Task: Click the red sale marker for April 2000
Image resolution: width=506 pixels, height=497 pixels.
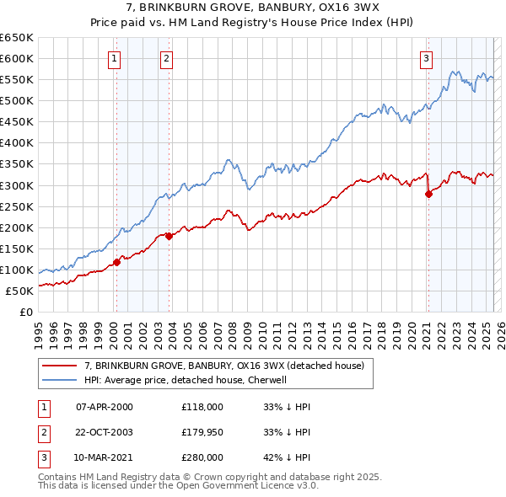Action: tap(116, 262)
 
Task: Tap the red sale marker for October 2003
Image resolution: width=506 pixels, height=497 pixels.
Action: tap(170, 236)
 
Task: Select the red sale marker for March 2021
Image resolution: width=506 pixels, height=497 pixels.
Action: tap(428, 194)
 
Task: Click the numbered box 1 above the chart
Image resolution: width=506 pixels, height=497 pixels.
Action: tap(114, 58)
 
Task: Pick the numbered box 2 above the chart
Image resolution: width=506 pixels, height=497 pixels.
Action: tap(167, 58)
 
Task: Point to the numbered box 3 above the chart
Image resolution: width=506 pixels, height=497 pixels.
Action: tap(427, 58)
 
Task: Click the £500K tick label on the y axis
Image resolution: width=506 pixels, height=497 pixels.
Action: tap(17, 100)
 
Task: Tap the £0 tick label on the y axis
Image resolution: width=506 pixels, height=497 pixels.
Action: tap(25, 312)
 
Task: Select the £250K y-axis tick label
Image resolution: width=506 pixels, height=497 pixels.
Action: tap(17, 206)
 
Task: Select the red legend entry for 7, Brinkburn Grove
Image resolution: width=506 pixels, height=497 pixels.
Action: tap(223, 366)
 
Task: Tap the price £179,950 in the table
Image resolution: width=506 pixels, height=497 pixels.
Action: tap(202, 432)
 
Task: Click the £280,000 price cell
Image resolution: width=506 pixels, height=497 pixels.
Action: tap(202, 458)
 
